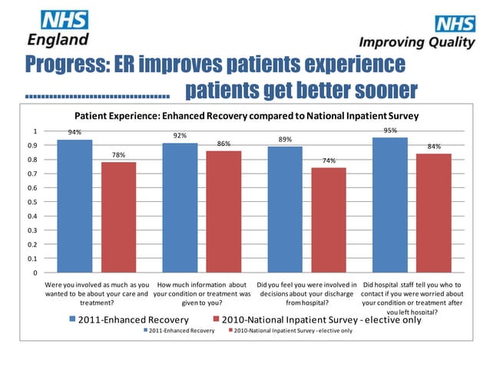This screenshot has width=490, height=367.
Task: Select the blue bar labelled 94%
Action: (x=74, y=206)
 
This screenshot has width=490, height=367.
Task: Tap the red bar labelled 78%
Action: (x=119, y=217)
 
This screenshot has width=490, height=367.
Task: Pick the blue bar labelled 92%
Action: (x=180, y=207)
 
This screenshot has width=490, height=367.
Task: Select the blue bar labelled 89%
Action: (x=285, y=210)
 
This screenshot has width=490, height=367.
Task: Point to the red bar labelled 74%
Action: (x=329, y=220)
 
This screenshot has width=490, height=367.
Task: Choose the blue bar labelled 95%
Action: (x=390, y=205)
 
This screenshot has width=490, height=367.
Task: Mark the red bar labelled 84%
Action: (x=434, y=213)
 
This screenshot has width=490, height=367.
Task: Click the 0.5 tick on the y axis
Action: (x=32, y=202)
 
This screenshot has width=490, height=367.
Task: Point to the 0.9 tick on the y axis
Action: (x=32, y=145)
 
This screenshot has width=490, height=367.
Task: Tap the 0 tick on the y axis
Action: (x=34, y=273)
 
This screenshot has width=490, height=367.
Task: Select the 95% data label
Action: (x=390, y=131)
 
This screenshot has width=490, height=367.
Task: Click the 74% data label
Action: (x=329, y=161)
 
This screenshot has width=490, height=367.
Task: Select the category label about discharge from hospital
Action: (x=306, y=293)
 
